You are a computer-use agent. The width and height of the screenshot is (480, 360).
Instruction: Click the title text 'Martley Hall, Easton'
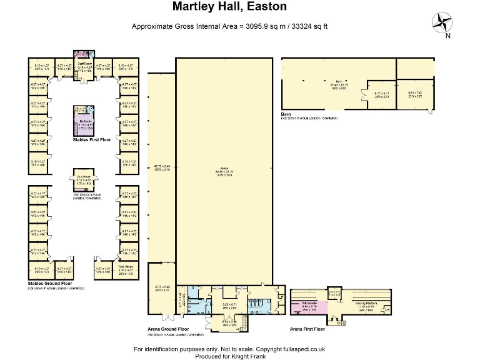pyautogui.click(x=221, y=7)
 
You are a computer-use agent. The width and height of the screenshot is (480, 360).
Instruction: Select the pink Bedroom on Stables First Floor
pyautogui.click(x=84, y=123)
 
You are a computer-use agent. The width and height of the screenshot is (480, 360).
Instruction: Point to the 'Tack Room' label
pyautogui.click(x=125, y=267)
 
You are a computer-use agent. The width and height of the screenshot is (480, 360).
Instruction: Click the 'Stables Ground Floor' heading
pyautogui.click(x=52, y=283)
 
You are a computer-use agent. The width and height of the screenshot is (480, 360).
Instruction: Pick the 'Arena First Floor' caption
pyautogui.click(x=307, y=328)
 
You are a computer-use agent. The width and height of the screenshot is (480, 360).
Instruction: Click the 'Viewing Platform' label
pyautogui.click(x=366, y=304)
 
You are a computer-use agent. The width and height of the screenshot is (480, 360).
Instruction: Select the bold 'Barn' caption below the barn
pyautogui.click(x=286, y=115)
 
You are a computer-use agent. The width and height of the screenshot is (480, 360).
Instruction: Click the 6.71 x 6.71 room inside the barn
pyautogui.click(x=381, y=94)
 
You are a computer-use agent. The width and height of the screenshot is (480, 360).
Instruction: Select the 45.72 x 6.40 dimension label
pyautogui.click(x=161, y=167)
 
